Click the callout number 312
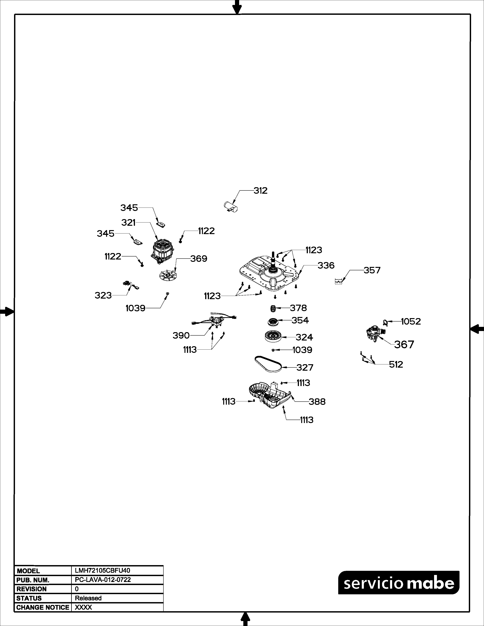(260, 191)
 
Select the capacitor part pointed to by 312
(231, 207)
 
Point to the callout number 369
(199, 259)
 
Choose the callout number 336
(326, 265)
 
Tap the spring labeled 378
(274, 309)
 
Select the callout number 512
(396, 365)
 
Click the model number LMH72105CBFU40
(102, 571)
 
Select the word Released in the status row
(88, 598)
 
